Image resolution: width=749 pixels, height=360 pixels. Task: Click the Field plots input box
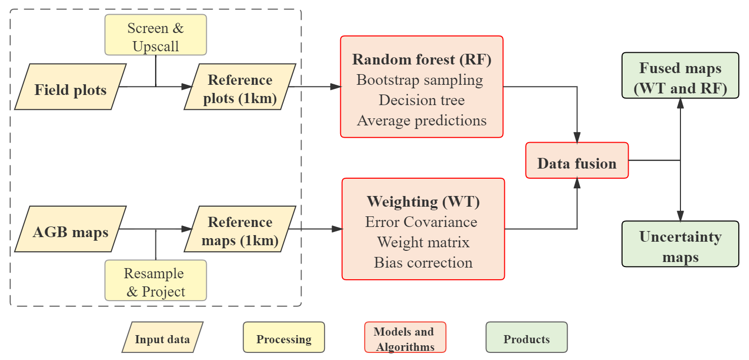(71, 87)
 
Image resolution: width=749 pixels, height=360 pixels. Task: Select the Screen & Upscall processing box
(155, 35)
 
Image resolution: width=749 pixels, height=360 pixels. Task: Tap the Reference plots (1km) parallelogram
(240, 87)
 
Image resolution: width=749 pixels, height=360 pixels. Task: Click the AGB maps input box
(71, 229)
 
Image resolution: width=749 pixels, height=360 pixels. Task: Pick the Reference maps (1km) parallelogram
(240, 229)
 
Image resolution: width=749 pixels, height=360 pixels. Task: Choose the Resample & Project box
(155, 280)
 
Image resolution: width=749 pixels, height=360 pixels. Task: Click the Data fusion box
(577, 160)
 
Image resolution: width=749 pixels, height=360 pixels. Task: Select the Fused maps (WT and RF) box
(680, 76)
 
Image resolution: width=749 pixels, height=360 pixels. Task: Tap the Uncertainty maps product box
(680, 244)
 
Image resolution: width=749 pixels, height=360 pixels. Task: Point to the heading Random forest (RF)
(422, 59)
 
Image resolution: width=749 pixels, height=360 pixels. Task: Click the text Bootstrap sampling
(420, 80)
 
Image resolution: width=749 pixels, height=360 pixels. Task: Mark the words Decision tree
(421, 100)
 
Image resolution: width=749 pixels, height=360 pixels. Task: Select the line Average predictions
(422, 121)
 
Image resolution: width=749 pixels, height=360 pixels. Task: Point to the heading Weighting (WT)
(424, 202)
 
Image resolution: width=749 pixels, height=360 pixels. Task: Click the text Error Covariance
(421, 222)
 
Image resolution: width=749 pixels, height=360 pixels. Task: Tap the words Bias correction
(424, 263)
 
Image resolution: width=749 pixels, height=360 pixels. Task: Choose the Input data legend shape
(162, 337)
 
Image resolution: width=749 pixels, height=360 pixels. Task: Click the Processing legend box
(284, 337)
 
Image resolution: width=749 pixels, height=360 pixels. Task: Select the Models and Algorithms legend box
(405, 337)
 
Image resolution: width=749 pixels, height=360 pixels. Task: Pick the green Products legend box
(527, 337)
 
